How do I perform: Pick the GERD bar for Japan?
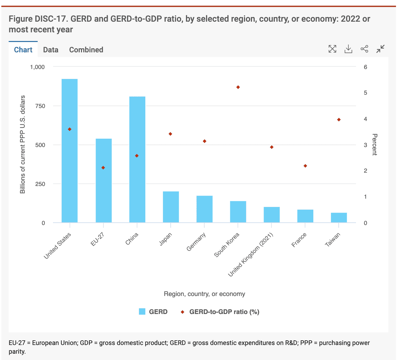tap(171, 207)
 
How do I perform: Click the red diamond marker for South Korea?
tap(238, 87)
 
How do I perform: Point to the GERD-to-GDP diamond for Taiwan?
tap(339, 120)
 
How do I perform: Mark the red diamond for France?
tap(305, 166)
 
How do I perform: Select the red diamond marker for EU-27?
tap(103, 168)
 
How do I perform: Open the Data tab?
tap(51, 50)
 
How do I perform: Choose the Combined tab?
tap(86, 50)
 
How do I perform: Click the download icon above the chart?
tap(348, 49)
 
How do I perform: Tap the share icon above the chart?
tap(364, 49)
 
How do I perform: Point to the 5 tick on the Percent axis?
tap(365, 93)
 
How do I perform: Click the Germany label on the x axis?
tap(196, 242)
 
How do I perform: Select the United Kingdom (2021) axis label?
tap(251, 255)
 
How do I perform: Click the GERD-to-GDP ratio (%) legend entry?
tap(224, 312)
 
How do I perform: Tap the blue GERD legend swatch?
tap(142, 312)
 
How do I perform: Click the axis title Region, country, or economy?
tap(204, 294)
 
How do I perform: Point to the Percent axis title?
tap(374, 145)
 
